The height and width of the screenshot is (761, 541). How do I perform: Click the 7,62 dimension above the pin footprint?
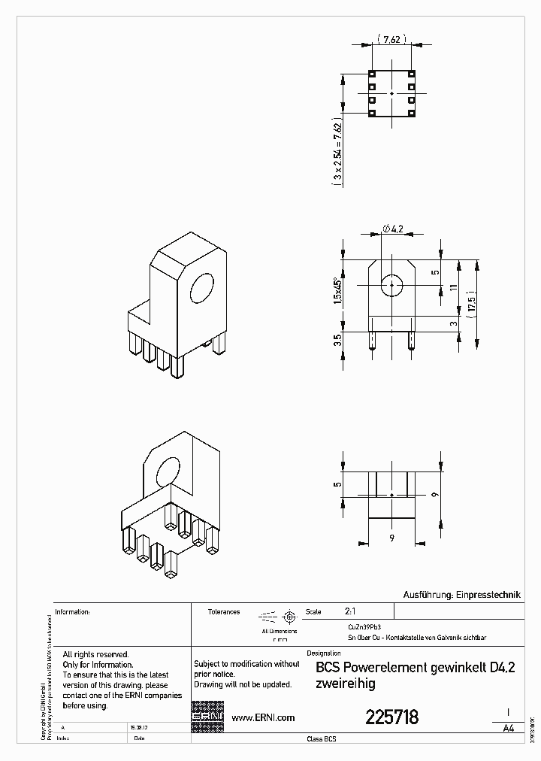(391, 41)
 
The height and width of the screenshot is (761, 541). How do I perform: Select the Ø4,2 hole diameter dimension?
(394, 229)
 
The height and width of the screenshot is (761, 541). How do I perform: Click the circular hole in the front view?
(391, 286)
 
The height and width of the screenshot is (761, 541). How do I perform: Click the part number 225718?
(391, 717)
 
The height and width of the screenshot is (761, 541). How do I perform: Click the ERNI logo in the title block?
(207, 717)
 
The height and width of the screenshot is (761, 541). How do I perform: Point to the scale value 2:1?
(350, 612)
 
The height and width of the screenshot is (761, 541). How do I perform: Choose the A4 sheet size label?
(509, 728)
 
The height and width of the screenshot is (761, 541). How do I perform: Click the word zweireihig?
(345, 684)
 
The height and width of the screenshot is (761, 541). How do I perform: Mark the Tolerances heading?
(223, 612)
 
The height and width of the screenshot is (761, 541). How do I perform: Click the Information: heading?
(73, 612)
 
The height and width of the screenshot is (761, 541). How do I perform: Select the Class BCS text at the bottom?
(322, 740)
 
